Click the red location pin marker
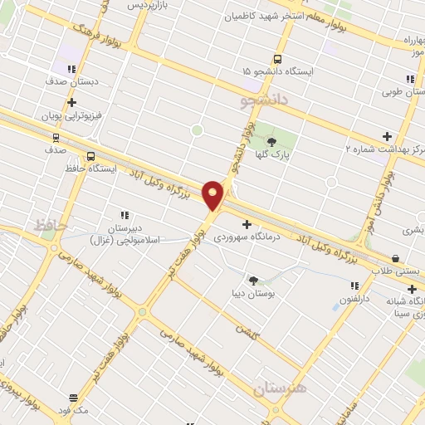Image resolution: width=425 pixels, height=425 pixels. [x=213, y=195]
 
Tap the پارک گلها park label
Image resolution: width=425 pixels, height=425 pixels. [x=271, y=154]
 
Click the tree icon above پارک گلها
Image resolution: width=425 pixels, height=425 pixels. [x=271, y=142]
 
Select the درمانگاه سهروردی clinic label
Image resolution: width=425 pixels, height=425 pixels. [x=247, y=237]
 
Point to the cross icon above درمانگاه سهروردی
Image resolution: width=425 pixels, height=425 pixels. [x=246, y=224]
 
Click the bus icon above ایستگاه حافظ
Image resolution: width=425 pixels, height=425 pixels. [x=90, y=156]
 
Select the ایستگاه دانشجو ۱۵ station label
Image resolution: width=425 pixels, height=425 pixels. [x=278, y=72]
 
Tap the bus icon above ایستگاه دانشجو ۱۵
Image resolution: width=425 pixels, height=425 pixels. [x=277, y=59]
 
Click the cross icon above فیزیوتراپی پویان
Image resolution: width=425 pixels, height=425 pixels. [x=72, y=104]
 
